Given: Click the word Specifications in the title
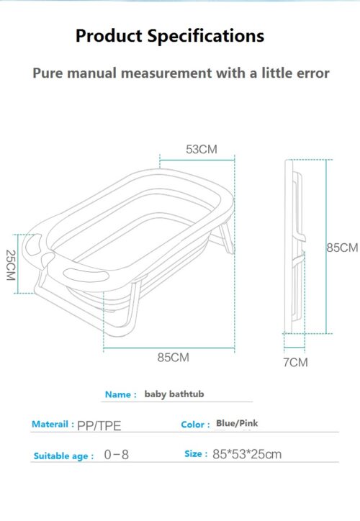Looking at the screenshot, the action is click(x=206, y=36).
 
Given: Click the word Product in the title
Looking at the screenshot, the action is click(x=109, y=35).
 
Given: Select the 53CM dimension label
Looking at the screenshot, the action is click(x=202, y=149).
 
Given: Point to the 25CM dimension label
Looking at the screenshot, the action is click(x=11, y=265).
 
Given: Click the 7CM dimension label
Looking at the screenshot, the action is click(x=295, y=362).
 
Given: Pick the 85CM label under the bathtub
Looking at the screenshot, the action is click(x=174, y=358).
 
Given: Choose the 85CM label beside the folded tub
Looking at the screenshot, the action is click(x=343, y=248).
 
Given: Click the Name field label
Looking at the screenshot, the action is click(x=121, y=394).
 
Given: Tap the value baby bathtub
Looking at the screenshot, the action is click(x=174, y=394).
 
